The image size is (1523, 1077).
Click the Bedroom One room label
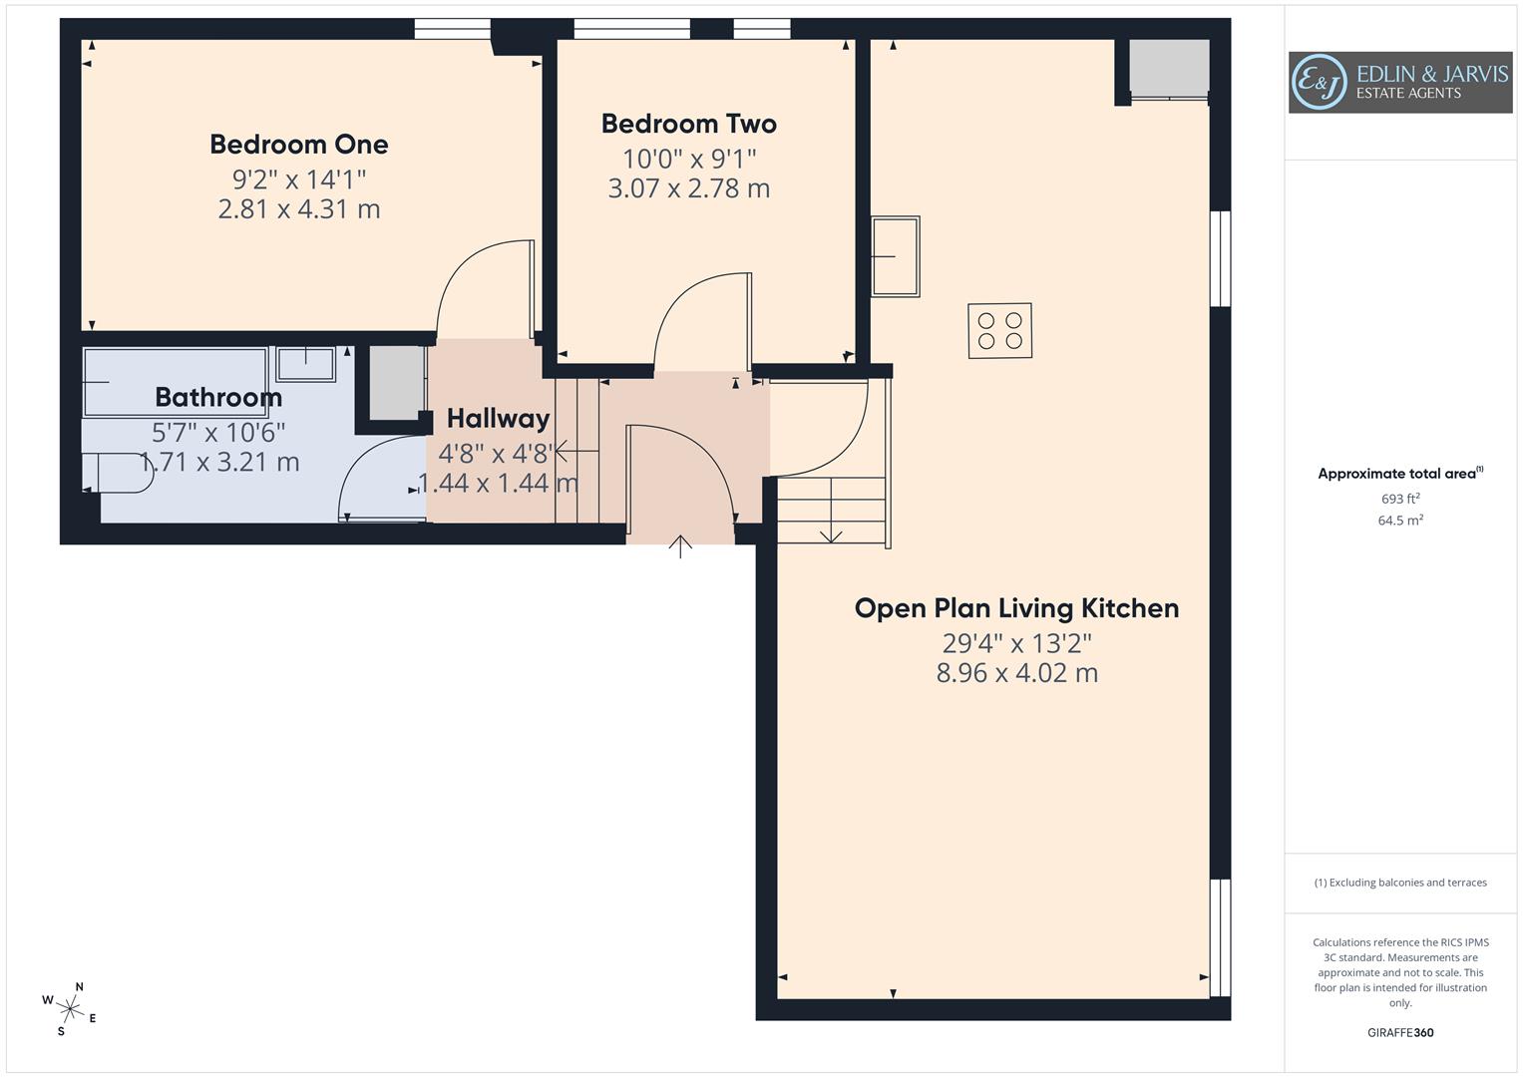(298, 145)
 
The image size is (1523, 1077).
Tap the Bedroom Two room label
(688, 125)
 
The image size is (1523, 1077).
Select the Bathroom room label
(218, 398)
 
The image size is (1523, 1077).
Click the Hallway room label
(498, 419)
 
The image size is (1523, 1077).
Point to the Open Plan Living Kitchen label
(1016, 608)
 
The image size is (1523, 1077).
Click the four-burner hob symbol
(999, 331)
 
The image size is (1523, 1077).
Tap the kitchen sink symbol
(895, 257)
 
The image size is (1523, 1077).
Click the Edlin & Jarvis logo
(1399, 83)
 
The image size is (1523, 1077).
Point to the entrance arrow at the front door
(680, 545)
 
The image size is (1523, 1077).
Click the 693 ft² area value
(1400, 499)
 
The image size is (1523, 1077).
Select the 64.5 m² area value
(1400, 520)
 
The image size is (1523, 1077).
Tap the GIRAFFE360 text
(1400, 1032)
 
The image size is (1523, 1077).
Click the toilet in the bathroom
(117, 473)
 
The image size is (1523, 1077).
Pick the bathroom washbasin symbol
(305, 364)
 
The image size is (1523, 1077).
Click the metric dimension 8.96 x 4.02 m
(1016, 673)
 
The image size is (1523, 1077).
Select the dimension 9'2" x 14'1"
(298, 179)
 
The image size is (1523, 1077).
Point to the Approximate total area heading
(1399, 474)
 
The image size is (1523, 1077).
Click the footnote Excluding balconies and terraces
(1400, 883)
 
